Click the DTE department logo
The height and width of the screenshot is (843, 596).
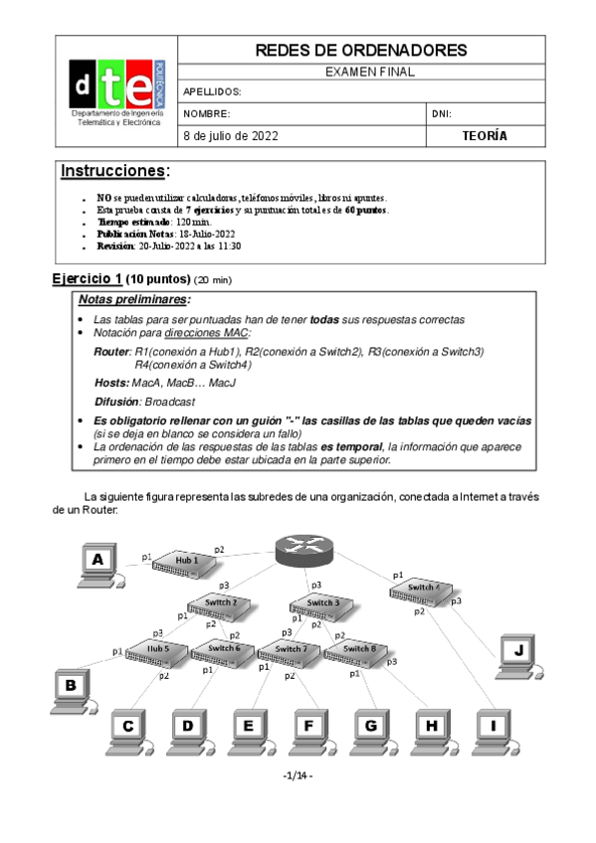(x=115, y=90)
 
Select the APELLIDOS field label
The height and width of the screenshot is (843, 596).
(x=213, y=91)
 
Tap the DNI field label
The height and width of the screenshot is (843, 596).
(x=443, y=113)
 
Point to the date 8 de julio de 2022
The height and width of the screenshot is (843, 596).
(x=231, y=136)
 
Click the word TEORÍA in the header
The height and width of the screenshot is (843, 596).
(x=485, y=136)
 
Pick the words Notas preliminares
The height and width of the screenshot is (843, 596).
(x=133, y=300)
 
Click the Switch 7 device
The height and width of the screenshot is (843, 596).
(x=289, y=651)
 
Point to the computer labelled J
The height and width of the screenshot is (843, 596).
(x=517, y=654)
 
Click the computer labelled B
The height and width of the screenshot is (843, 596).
(x=71, y=688)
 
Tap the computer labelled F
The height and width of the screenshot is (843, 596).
(x=308, y=729)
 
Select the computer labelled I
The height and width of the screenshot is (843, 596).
(x=492, y=729)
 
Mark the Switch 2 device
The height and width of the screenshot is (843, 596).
(x=219, y=604)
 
